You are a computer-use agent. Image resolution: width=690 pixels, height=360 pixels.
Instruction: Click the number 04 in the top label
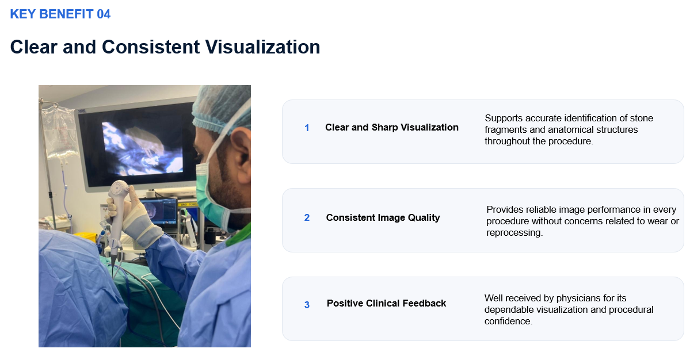104,14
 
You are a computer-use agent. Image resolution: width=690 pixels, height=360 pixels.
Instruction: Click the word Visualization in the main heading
263,47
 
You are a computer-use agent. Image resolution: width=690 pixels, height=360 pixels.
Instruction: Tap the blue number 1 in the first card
307,128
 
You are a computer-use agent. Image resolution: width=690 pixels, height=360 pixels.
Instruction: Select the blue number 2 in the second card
307,217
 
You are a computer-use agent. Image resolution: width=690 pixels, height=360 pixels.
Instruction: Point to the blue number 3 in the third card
307,305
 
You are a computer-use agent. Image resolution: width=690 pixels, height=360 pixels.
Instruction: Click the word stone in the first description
641,118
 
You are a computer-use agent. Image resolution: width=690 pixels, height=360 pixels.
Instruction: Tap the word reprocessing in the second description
514,232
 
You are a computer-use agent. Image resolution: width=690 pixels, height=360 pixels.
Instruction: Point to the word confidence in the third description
508,321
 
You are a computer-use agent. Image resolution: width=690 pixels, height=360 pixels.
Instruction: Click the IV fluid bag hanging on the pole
61,131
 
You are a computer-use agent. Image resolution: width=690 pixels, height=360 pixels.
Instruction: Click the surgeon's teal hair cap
222,108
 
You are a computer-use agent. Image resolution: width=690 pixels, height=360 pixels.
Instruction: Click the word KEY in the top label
23,14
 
